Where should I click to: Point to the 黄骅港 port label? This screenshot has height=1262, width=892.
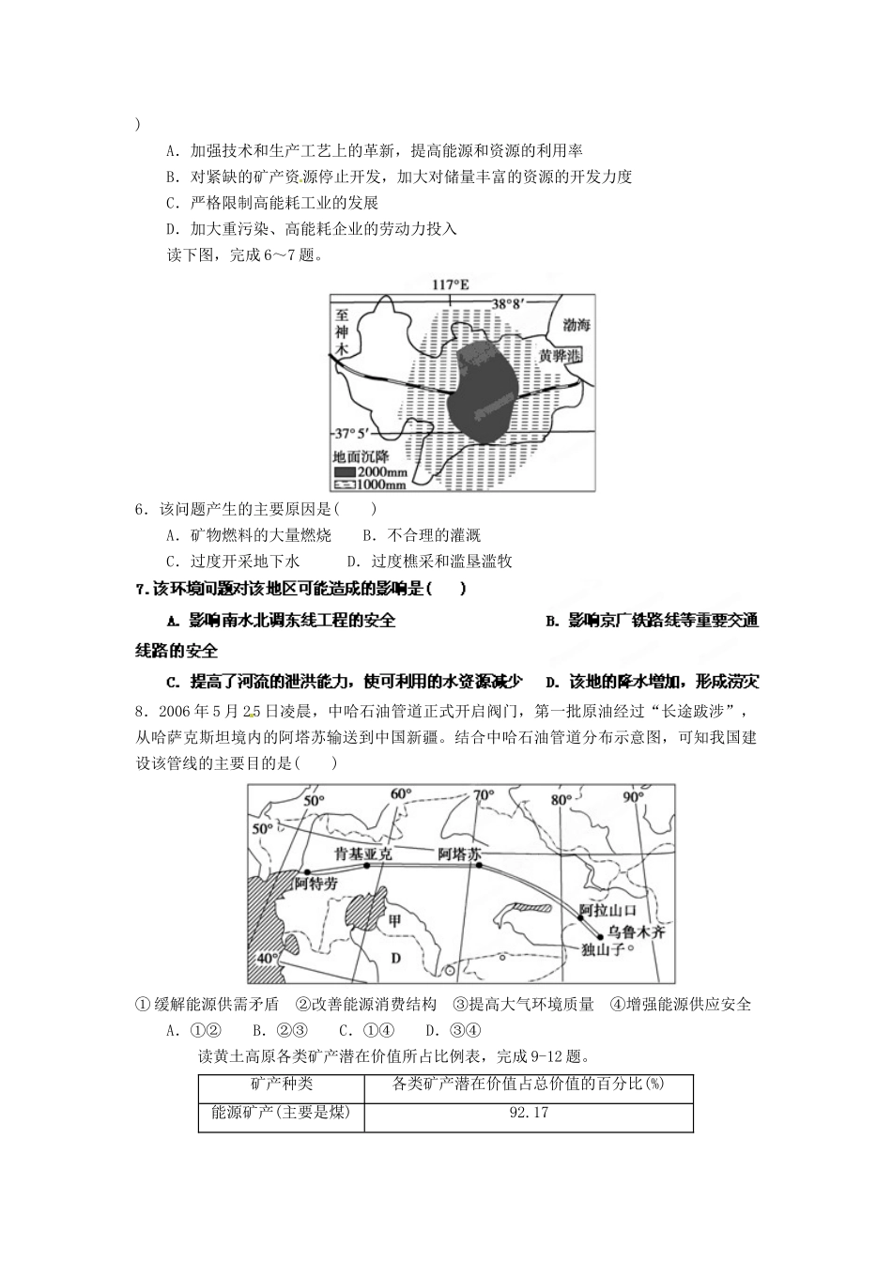[560, 357]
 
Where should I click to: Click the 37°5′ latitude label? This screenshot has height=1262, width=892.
[355, 434]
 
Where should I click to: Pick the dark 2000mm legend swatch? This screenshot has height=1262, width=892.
[345, 472]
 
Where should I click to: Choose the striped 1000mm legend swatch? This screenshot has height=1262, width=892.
[345, 485]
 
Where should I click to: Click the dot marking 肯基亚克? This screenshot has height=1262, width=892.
[367, 865]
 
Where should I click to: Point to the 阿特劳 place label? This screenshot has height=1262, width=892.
[315, 884]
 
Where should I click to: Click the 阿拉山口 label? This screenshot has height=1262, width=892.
[607, 910]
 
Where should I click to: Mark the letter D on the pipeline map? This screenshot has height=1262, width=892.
[395, 957]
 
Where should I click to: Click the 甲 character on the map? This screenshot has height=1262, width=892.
[394, 921]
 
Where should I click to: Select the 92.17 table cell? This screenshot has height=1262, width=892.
[528, 1113]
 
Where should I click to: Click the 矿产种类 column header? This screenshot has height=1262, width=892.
[280, 1084]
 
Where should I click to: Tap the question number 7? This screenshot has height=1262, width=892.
[141, 589]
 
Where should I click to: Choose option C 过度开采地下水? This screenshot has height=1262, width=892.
[231, 562]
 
